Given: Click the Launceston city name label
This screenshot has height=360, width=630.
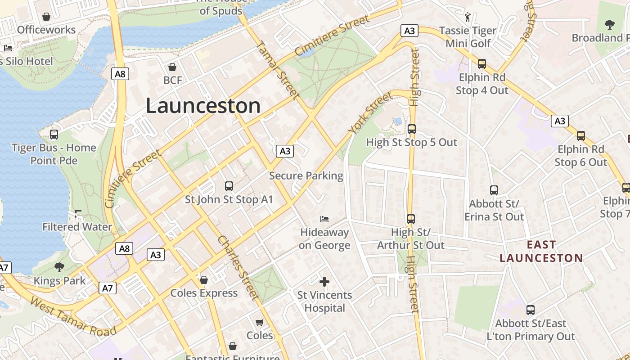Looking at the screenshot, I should (x=203, y=106).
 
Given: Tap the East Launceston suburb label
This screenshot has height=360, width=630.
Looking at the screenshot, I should (x=541, y=252).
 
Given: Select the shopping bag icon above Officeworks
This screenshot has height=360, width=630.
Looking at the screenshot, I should (x=46, y=17).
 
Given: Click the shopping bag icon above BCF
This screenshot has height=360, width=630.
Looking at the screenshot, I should (x=172, y=67).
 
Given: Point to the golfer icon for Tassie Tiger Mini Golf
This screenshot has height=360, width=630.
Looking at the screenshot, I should (x=468, y=17).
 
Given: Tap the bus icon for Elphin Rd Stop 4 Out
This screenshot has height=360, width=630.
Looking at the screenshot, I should (x=482, y=64).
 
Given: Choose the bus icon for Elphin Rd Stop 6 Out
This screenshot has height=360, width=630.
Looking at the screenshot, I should (x=581, y=136).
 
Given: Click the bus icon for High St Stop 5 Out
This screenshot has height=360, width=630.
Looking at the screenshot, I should (x=411, y=129).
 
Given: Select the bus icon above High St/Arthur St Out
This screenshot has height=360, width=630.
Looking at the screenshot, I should (x=411, y=219).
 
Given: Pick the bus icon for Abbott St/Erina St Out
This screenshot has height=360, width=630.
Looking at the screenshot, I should (x=494, y=190).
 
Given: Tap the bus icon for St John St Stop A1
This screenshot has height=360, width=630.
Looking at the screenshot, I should (x=229, y=186).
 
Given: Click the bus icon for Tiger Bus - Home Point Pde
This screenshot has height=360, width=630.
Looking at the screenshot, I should (x=54, y=135).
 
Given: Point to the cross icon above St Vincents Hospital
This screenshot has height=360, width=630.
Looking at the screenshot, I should (x=324, y=282).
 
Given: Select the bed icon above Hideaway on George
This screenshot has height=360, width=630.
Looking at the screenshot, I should (x=324, y=219).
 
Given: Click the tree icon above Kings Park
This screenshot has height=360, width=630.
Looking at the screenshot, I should (x=59, y=268).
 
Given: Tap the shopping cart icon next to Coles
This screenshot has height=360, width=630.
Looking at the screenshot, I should (x=260, y=322).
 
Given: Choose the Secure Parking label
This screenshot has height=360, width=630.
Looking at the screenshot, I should (x=306, y=175).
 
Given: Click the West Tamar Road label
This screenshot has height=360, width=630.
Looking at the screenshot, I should (x=73, y=316).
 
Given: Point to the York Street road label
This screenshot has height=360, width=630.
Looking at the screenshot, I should (x=370, y=113).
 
